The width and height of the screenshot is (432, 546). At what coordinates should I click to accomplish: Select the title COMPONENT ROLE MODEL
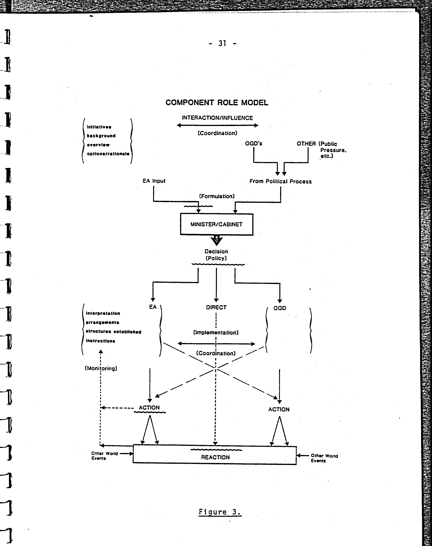(217, 103)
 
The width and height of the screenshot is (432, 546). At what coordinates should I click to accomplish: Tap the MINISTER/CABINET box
(217, 224)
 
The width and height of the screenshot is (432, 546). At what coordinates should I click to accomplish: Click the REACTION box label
(215, 457)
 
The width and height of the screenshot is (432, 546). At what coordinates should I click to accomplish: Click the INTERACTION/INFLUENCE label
(217, 118)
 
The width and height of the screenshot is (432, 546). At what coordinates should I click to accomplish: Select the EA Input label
(154, 181)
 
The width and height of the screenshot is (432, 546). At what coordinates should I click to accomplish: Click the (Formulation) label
(217, 196)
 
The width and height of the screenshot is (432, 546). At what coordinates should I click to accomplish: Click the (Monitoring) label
(101, 368)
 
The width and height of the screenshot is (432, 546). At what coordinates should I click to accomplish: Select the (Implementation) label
(216, 333)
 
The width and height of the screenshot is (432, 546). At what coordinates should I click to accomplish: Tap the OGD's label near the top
(253, 144)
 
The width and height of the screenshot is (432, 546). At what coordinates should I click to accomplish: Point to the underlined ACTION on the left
(149, 407)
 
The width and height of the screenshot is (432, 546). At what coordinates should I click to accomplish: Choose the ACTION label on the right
(279, 409)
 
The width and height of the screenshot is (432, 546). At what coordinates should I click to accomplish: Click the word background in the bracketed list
(101, 136)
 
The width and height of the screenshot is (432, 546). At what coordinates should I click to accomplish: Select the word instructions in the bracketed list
(101, 341)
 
